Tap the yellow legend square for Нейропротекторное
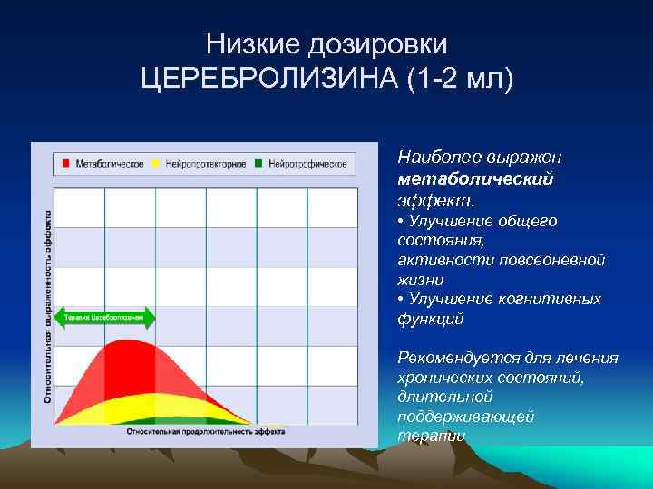156,164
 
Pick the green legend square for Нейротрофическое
259,164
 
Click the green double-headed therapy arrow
105,318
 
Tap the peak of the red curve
127,341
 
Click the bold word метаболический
475,178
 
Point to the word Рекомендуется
450,358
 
